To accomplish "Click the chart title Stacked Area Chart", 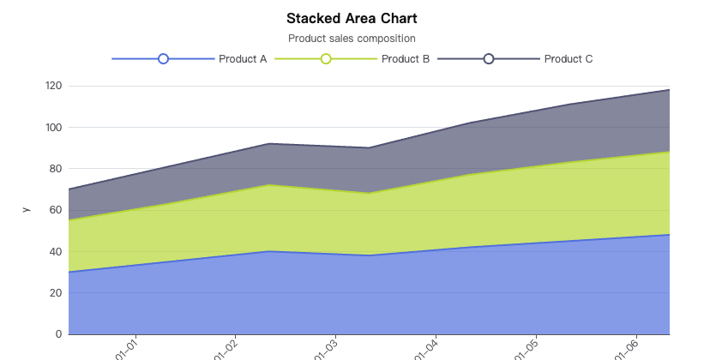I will (x=352, y=18).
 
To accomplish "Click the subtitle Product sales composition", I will (x=352, y=39).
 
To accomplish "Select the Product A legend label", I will (x=243, y=59).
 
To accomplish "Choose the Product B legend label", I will (x=406, y=59).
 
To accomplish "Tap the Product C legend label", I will (x=569, y=59).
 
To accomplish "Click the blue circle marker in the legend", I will (x=163, y=59).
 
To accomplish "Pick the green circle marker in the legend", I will (x=326, y=59).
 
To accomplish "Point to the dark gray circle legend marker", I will (x=489, y=59).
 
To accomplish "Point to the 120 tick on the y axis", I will (x=53, y=86).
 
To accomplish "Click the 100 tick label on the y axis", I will (x=53, y=127).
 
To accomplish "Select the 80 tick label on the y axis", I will (x=56, y=169).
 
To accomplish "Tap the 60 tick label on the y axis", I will (x=56, y=210).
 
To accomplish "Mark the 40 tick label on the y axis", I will (x=56, y=251).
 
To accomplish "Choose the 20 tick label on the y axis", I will (x=56, y=293).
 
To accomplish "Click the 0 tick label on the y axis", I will (x=58, y=334).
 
